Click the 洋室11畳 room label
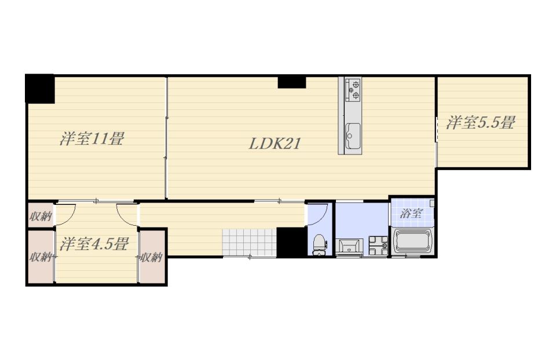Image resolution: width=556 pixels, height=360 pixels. tap(92, 138)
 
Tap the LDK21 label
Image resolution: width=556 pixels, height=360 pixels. tap(275, 144)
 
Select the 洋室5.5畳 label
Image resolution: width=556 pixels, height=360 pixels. tap(480, 122)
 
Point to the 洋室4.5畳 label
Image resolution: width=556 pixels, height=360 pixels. tap(94, 244)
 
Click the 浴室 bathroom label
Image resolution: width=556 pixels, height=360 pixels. tap(411, 214)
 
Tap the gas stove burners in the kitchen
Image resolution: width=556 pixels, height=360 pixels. tap(353, 89)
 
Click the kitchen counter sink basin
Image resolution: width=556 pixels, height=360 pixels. tap(353, 136)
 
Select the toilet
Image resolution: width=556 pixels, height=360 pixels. tap(320, 244)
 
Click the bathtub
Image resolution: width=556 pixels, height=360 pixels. tap(412, 241)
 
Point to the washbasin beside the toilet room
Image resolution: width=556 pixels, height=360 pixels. tap(349, 247)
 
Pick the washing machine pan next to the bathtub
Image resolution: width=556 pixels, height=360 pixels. tap(378, 245)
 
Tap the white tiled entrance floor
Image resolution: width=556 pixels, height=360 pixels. tap(249, 242)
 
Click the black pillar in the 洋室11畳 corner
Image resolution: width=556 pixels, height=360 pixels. tap(40, 89)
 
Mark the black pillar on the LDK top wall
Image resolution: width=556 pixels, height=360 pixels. tap(291, 82)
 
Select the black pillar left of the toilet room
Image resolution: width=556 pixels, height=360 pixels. tap(291, 243)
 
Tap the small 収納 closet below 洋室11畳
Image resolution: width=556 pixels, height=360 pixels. tap(41, 215)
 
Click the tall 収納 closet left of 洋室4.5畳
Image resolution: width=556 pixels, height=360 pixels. tap(41, 257)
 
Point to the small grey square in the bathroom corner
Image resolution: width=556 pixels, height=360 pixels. tap(432, 203)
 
